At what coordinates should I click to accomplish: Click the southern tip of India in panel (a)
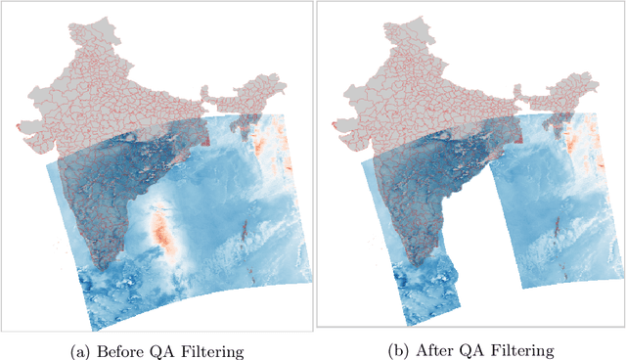click(x=102, y=264)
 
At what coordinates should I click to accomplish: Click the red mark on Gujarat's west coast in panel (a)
click(x=21, y=127)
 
